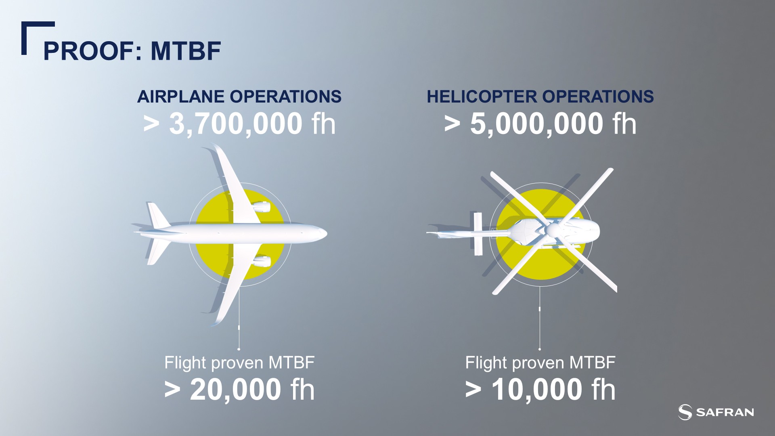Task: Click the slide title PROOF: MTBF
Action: (x=132, y=51)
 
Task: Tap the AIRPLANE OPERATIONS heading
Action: (x=239, y=97)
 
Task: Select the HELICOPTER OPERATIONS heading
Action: (x=540, y=97)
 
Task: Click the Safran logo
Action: (x=716, y=412)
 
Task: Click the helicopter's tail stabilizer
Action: (x=478, y=234)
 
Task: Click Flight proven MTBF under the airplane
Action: (x=239, y=363)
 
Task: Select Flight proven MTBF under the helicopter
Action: (x=540, y=363)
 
